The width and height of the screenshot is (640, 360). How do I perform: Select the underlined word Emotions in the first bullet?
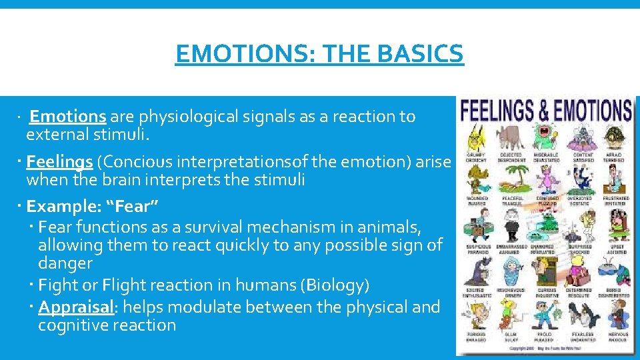tap(68, 117)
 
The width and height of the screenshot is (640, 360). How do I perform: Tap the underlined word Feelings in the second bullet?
tap(59, 161)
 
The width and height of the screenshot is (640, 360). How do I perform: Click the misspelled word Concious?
tap(135, 161)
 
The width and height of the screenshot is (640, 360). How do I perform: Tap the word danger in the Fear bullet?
tap(65, 263)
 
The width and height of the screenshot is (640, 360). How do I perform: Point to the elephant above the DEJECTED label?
tap(511, 137)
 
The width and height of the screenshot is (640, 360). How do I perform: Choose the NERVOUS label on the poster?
tap(617, 334)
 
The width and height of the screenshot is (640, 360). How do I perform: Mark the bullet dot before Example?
tap(21, 205)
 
